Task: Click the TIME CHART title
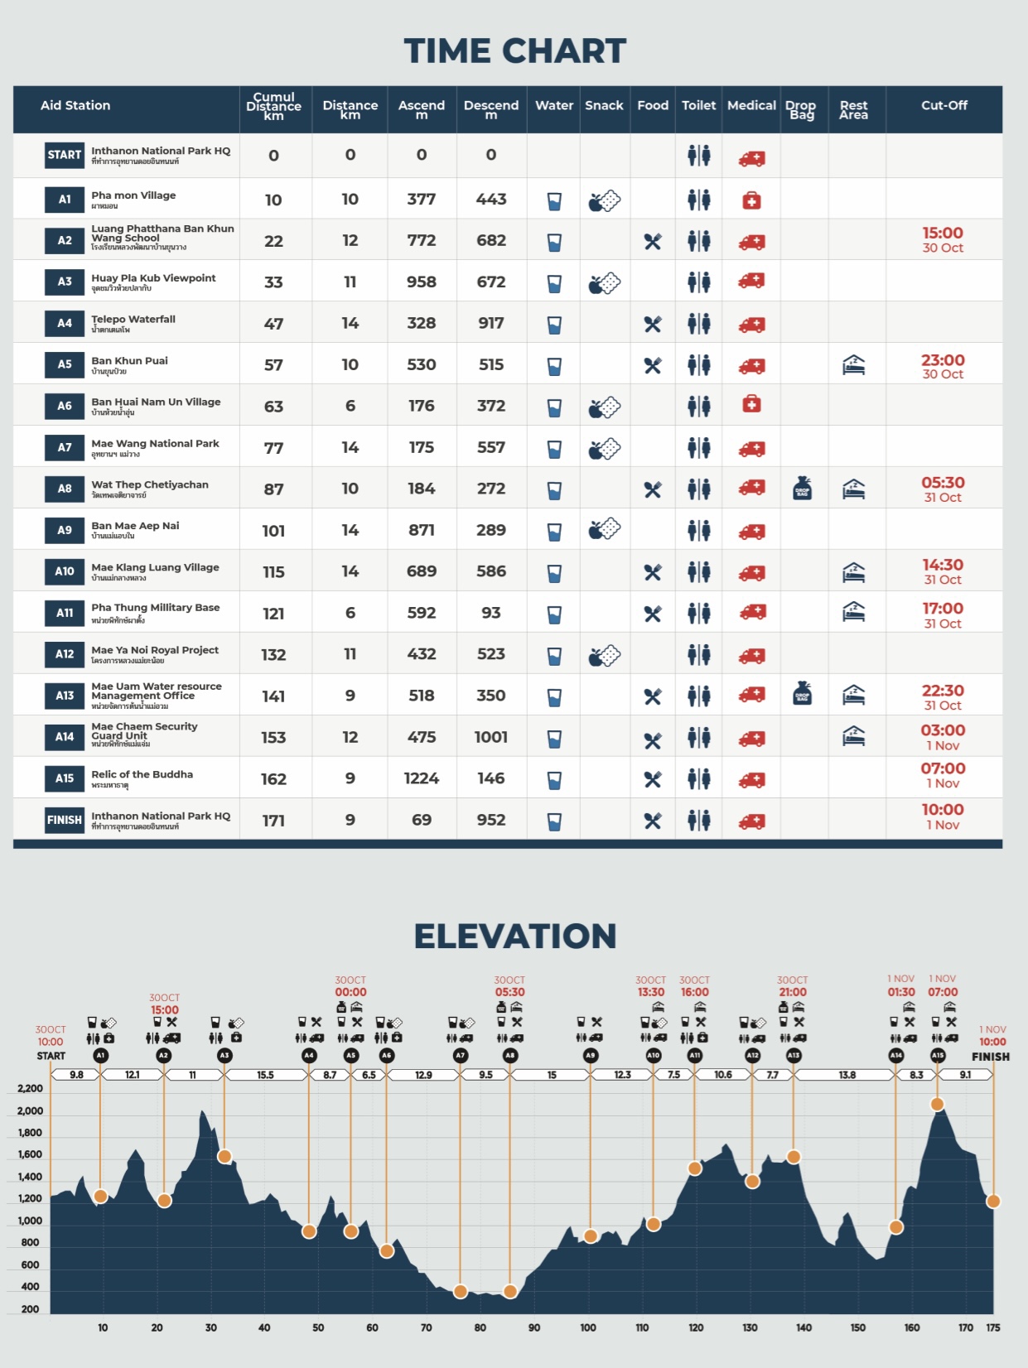click(x=514, y=51)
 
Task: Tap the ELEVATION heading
click(x=514, y=937)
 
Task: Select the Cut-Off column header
click(x=944, y=105)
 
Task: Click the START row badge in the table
click(x=65, y=155)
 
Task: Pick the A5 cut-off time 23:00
click(x=943, y=360)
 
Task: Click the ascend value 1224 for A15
click(x=421, y=778)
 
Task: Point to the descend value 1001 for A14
click(x=490, y=737)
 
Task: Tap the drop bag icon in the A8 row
click(x=802, y=489)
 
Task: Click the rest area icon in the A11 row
click(x=853, y=612)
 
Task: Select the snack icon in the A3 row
click(x=605, y=283)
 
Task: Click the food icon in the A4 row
click(x=653, y=324)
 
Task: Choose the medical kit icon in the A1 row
click(x=751, y=200)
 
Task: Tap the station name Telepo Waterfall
click(x=133, y=319)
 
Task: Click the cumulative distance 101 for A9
click(x=273, y=531)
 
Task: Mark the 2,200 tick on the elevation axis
click(x=30, y=1089)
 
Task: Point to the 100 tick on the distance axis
click(x=588, y=1327)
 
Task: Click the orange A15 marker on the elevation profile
click(x=937, y=1104)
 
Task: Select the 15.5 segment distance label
click(x=265, y=1075)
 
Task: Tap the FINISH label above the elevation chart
click(x=990, y=1057)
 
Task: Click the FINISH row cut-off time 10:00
click(x=943, y=810)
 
